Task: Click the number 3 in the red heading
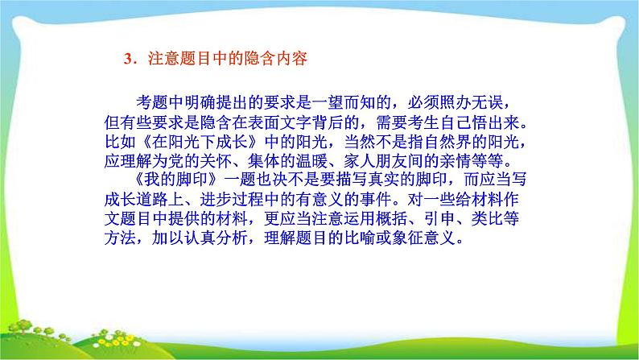(126, 59)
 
